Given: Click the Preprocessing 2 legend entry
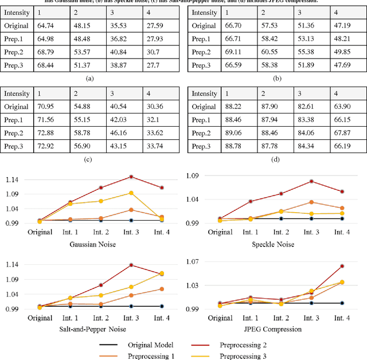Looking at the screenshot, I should tap(243, 345).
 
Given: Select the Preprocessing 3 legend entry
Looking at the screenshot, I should tap(243, 355).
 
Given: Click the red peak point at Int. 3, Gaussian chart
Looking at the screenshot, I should tap(131, 177).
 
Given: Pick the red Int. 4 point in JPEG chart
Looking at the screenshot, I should tap(342, 266).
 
